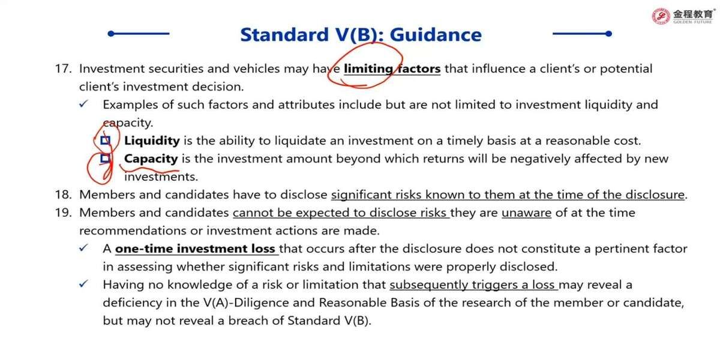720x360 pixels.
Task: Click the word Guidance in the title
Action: [x=436, y=35]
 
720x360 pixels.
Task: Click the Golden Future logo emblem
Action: [x=661, y=16]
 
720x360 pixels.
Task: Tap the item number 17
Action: [x=64, y=69]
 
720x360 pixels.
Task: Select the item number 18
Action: [x=64, y=195]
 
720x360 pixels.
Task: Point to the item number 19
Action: [x=64, y=213]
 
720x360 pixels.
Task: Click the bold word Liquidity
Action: [x=152, y=141]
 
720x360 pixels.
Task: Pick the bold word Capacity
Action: [x=151, y=159]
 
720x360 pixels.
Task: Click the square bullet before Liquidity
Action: [x=106, y=140]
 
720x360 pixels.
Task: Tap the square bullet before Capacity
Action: [x=106, y=158]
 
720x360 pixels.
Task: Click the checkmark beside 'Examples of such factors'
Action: [x=83, y=104]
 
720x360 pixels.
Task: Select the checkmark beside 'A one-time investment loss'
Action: [x=83, y=248]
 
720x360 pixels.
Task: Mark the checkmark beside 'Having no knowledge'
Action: [x=83, y=284]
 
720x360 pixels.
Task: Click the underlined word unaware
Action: [x=527, y=213]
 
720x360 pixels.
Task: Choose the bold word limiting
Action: [x=368, y=69]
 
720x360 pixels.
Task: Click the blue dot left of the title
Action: [x=111, y=34]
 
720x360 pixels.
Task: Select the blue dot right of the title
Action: [x=608, y=34]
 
